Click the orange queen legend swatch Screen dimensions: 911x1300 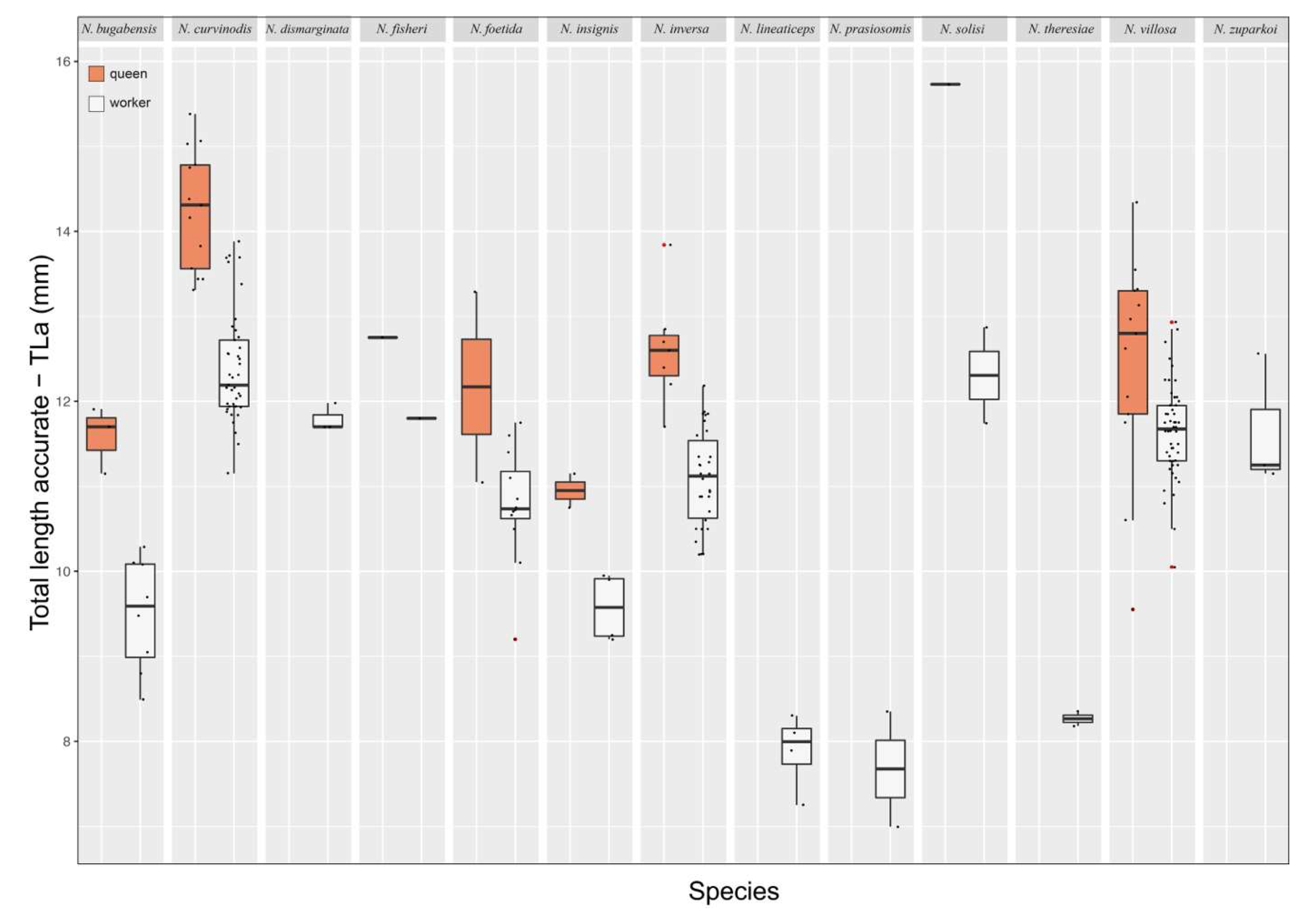click(x=96, y=74)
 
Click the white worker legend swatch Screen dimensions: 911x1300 click(x=96, y=103)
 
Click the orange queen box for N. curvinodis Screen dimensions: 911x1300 click(x=195, y=217)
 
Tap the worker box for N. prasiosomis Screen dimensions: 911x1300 click(x=890, y=768)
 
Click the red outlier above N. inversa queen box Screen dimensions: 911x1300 click(x=664, y=245)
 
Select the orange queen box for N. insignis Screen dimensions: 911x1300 click(x=570, y=490)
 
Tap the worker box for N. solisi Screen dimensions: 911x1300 click(x=984, y=376)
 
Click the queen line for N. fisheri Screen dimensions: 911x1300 click(x=383, y=338)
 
